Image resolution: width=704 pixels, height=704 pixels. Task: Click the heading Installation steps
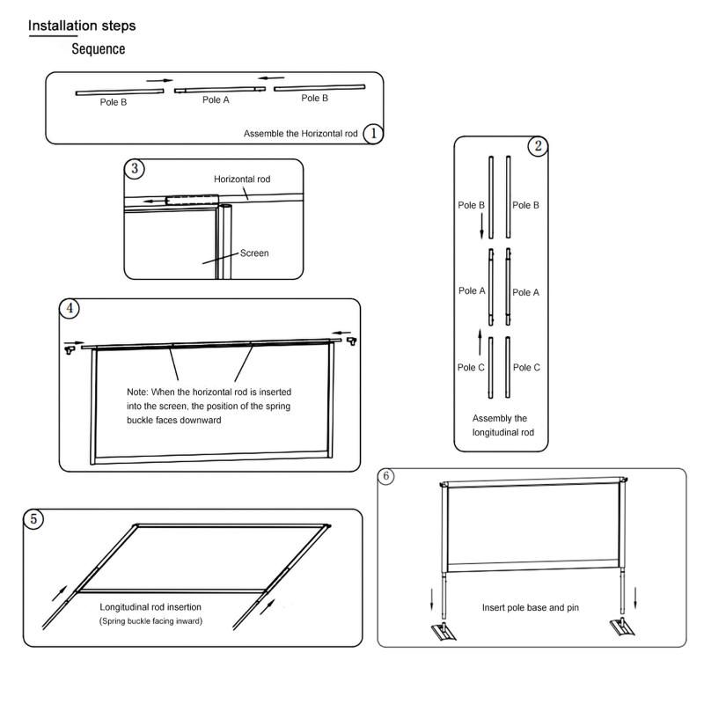pyautogui.click(x=82, y=26)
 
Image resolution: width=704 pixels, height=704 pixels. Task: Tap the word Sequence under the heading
pyautogui.click(x=98, y=49)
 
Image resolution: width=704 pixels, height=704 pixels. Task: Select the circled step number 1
pyautogui.click(x=373, y=133)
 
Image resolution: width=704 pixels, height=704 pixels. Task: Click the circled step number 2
pyautogui.click(x=538, y=147)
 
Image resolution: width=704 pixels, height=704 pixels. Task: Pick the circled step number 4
pyautogui.click(x=70, y=308)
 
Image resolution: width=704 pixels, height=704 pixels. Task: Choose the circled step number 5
pyautogui.click(x=34, y=519)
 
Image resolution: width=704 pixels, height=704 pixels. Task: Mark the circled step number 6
pyautogui.click(x=388, y=476)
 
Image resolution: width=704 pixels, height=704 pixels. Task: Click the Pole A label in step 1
pyautogui.click(x=216, y=100)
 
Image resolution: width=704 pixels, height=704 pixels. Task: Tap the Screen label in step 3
pyautogui.click(x=254, y=253)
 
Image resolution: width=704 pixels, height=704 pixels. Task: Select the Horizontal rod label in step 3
pyautogui.click(x=242, y=179)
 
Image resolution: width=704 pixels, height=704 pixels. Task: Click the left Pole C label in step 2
pyautogui.click(x=471, y=367)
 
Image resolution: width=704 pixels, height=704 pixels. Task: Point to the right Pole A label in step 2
pyautogui.click(x=526, y=292)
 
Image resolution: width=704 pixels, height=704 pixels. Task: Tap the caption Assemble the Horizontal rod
pyautogui.click(x=300, y=134)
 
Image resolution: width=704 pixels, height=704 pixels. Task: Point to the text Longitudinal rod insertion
pyautogui.click(x=150, y=607)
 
